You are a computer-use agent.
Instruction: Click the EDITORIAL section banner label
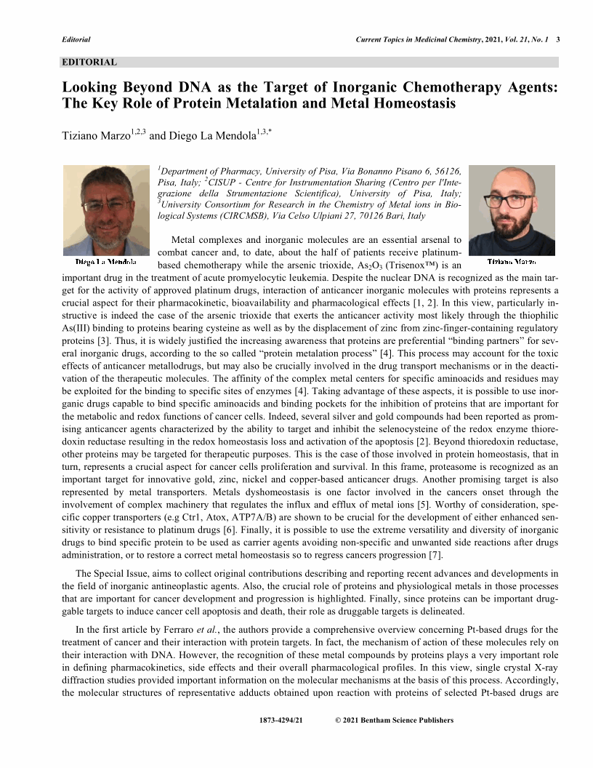coord(89,63)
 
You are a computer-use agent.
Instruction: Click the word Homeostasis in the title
coord(410,103)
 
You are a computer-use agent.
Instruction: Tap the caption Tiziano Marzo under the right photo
coord(512,260)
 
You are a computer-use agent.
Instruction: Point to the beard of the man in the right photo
coord(512,223)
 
